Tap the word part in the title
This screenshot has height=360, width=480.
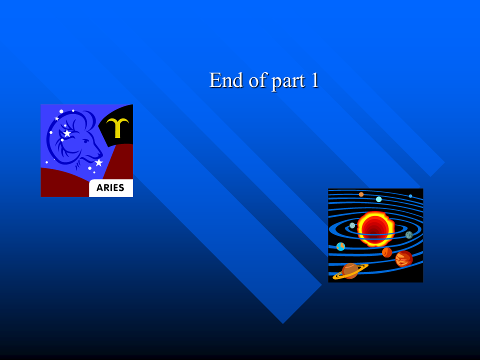tap(288, 81)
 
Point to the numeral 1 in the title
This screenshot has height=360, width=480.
tap(314, 80)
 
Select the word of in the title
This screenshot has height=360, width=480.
tap(257, 80)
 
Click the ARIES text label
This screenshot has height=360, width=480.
tap(110, 187)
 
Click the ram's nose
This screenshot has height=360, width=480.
tap(100, 153)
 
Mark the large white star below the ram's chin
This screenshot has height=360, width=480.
tap(98, 162)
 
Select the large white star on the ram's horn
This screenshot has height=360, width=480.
tap(67, 133)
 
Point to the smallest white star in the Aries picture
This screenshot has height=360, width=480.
tap(56, 118)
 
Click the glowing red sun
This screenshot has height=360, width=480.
tap(375, 228)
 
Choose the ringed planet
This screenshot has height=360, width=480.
tap(350, 271)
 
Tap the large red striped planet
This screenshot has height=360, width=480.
tap(404, 258)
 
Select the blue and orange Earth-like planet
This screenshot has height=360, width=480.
tap(340, 246)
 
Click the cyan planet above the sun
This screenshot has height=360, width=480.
tap(378, 199)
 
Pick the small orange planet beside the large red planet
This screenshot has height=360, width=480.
tap(387, 252)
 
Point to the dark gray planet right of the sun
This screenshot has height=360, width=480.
tap(409, 235)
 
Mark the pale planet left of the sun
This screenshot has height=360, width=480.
tap(352, 225)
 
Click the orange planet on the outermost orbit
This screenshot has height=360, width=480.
tap(361, 194)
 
